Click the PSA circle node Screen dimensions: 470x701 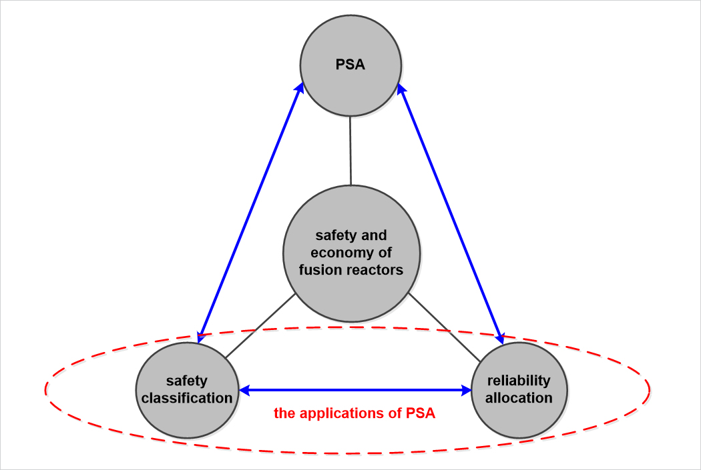tap(350, 65)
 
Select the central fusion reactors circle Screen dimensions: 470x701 tap(351, 253)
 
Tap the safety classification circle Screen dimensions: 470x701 tap(187, 389)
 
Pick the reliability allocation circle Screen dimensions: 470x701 tap(519, 389)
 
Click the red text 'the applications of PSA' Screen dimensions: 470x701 tap(355, 413)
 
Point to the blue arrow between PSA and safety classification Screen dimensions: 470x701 tap(250, 209)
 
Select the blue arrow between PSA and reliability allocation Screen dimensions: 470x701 tap(451, 209)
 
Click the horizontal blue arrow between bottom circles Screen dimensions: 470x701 tap(355, 389)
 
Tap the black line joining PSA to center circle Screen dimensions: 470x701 tap(350, 151)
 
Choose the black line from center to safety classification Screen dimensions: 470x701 tap(260, 326)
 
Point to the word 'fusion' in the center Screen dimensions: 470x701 tap(317, 270)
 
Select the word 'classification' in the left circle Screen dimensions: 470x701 tap(187, 398)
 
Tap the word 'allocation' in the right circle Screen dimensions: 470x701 tap(519, 398)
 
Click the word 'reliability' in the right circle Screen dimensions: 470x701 tap(519, 381)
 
